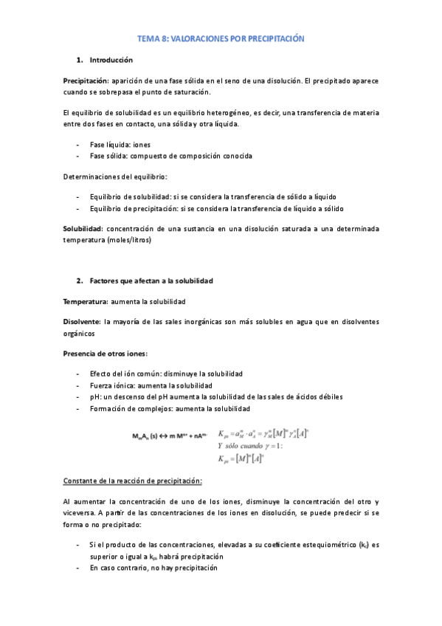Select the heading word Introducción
click(x=111, y=59)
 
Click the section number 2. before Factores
click(x=80, y=281)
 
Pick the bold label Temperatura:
click(x=86, y=301)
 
